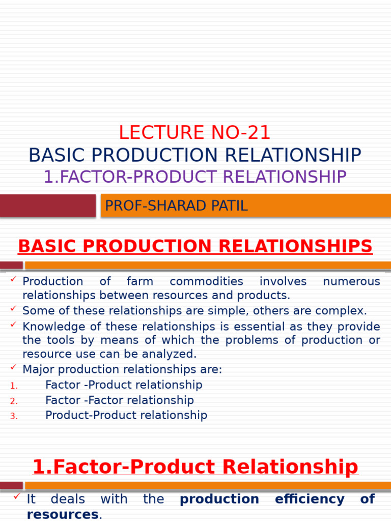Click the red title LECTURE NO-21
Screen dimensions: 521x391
point(194,133)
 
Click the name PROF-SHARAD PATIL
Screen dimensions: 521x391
point(176,206)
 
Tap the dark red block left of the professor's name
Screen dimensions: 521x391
point(47,206)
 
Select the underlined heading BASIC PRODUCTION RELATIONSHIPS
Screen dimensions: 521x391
point(195,247)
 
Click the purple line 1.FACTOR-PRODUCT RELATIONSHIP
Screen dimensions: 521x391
point(195,177)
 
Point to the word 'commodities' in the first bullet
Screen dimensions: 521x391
point(206,282)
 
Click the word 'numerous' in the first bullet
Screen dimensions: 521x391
point(351,282)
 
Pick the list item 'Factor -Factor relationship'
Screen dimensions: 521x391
point(120,400)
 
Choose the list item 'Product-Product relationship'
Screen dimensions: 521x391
point(126,416)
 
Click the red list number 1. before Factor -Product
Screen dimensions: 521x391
point(14,386)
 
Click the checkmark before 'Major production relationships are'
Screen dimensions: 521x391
point(14,367)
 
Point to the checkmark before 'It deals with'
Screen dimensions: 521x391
point(17,496)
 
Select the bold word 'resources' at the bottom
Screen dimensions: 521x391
point(62,514)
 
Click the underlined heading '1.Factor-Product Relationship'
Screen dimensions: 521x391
point(195,467)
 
